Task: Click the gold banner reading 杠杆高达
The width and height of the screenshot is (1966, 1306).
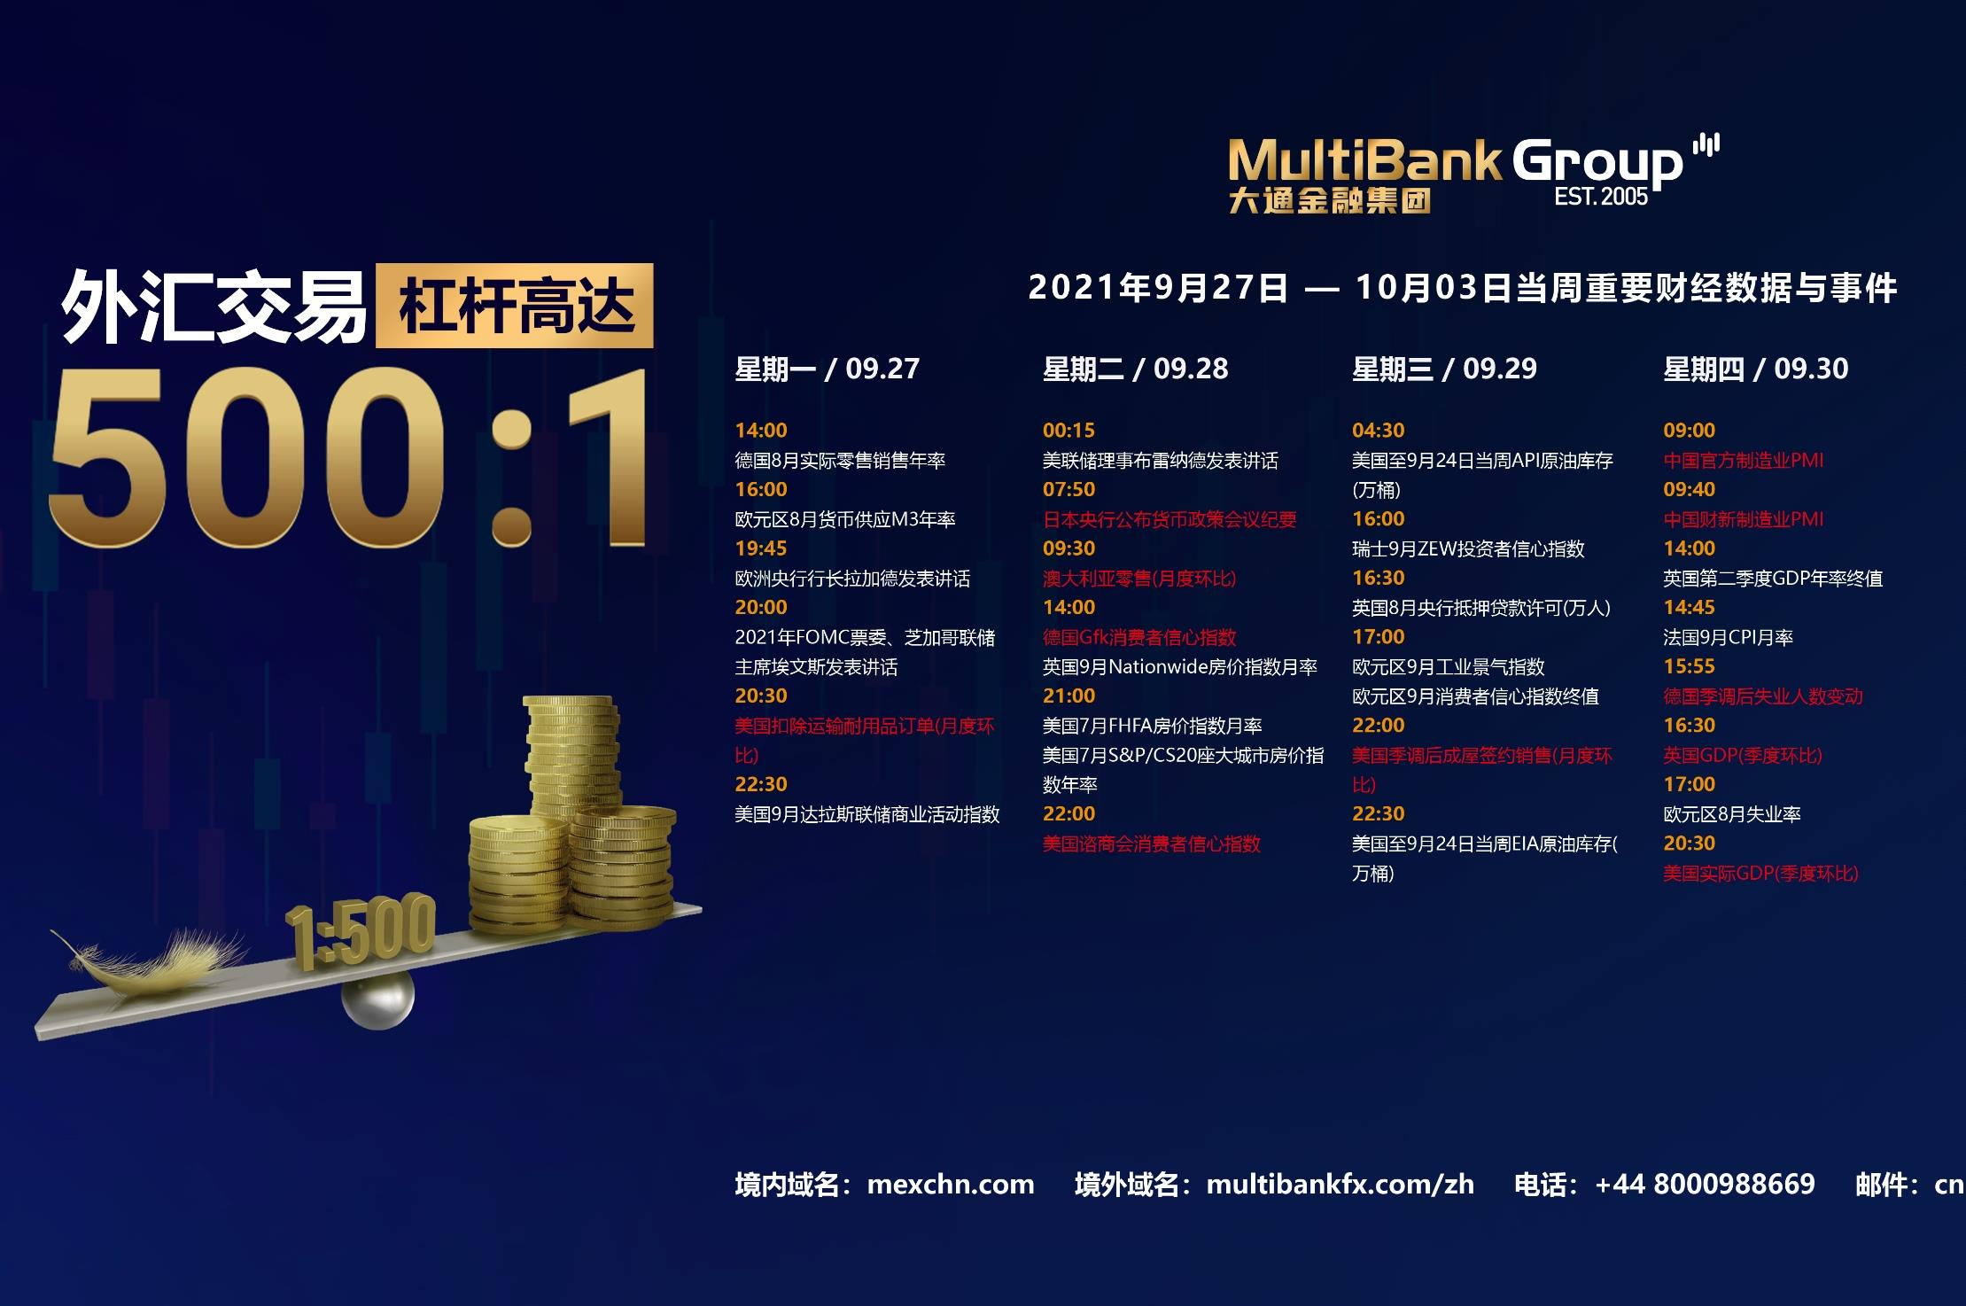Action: [515, 306]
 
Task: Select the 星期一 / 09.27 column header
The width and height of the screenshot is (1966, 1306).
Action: [828, 369]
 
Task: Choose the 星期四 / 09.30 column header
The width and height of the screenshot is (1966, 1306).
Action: [1756, 369]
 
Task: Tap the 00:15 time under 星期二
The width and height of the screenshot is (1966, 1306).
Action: [1068, 431]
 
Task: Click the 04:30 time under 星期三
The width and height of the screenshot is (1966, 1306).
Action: [1378, 431]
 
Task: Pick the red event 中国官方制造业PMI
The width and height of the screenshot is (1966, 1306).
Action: [1744, 461]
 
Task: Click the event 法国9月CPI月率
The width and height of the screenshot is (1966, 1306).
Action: [1728, 637]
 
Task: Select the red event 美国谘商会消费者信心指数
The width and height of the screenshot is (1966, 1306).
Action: [1152, 844]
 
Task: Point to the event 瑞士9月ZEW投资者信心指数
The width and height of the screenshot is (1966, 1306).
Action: [1468, 549]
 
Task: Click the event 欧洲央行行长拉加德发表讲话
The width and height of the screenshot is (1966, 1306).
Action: [852, 579]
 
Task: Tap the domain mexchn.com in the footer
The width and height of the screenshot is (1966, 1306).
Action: [951, 1185]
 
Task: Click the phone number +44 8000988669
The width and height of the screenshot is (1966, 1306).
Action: [1705, 1185]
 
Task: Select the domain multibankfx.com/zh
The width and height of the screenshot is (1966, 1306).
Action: [1340, 1185]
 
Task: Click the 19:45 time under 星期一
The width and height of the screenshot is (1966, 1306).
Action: [761, 548]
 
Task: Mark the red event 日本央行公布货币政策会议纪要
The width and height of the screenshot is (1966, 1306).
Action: [1169, 520]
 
